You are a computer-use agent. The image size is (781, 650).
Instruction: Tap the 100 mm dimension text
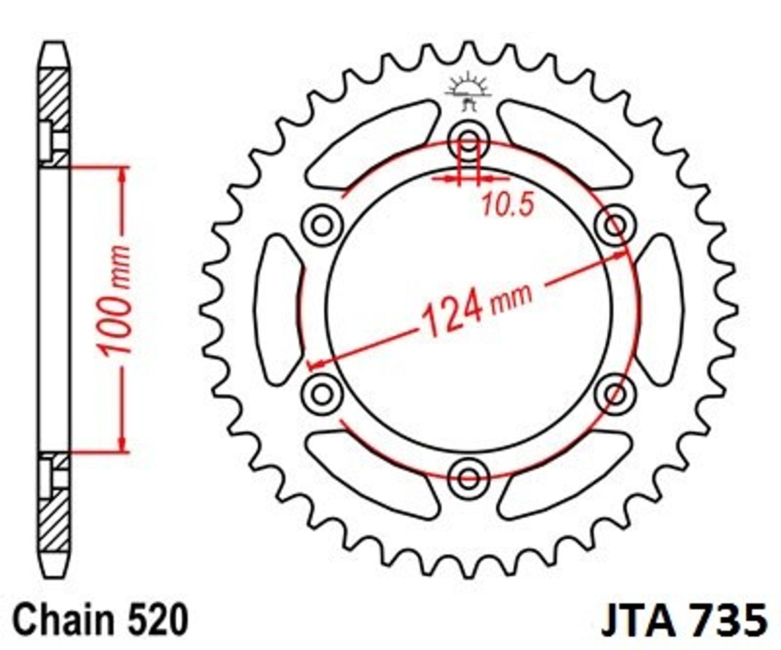tap(115, 300)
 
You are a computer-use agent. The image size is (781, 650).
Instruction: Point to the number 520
tap(157, 620)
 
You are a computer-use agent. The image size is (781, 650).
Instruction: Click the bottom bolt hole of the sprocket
tap(469, 477)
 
